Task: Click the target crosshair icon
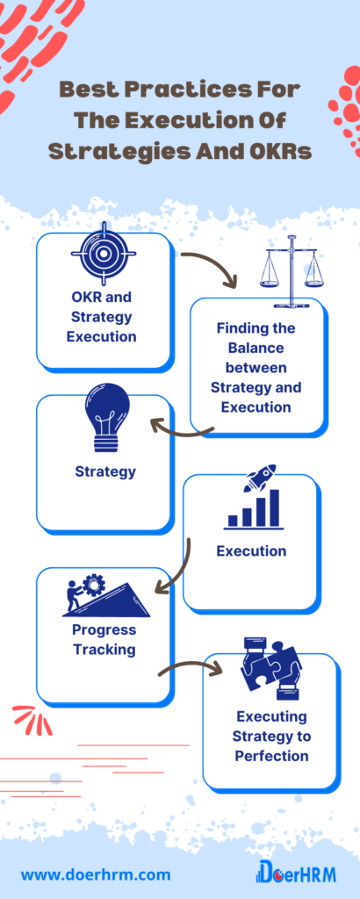[x=104, y=253]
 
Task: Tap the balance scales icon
[x=288, y=272]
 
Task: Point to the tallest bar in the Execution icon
[x=275, y=508]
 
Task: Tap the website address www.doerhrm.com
[x=96, y=875]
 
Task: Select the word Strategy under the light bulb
[x=105, y=471]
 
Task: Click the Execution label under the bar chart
[x=251, y=551]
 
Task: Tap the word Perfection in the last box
[x=271, y=755]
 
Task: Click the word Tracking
[x=104, y=650]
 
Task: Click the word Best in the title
[x=86, y=90]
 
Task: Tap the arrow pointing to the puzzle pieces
[x=191, y=666]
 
